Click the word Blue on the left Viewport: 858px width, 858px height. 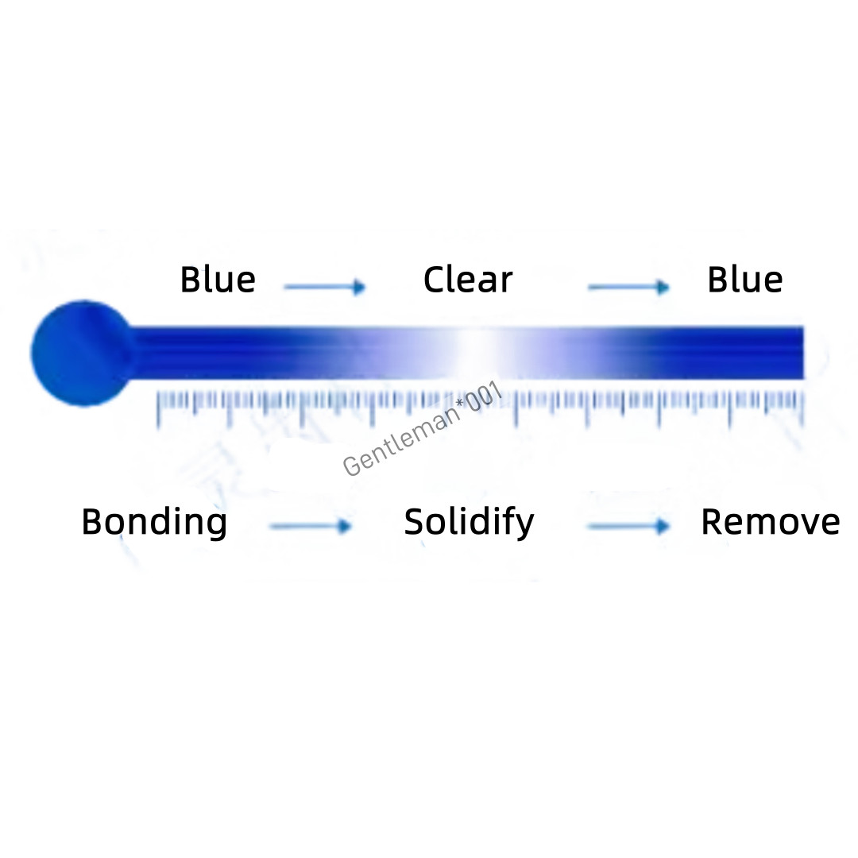pyautogui.click(x=218, y=280)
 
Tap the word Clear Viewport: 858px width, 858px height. pyautogui.click(x=468, y=280)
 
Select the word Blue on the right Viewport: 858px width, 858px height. pyautogui.click(x=744, y=280)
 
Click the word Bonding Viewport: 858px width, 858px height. pyautogui.click(x=154, y=523)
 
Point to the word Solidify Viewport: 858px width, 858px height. pyautogui.click(x=469, y=523)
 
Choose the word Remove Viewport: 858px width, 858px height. pyautogui.click(x=770, y=523)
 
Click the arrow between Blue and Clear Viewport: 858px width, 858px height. pyautogui.click(x=324, y=287)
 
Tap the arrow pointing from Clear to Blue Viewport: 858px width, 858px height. pyautogui.click(x=628, y=287)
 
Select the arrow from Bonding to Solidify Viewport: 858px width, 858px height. pyautogui.click(x=310, y=526)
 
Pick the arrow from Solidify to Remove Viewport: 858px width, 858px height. pyautogui.click(x=628, y=526)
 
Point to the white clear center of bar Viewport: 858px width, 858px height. pyautogui.click(x=475, y=352)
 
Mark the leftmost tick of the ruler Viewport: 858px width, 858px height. pyautogui.click(x=159, y=408)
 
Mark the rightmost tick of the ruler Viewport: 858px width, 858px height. pyautogui.click(x=802, y=408)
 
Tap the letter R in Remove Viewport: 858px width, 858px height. pyautogui.click(x=711, y=522)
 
